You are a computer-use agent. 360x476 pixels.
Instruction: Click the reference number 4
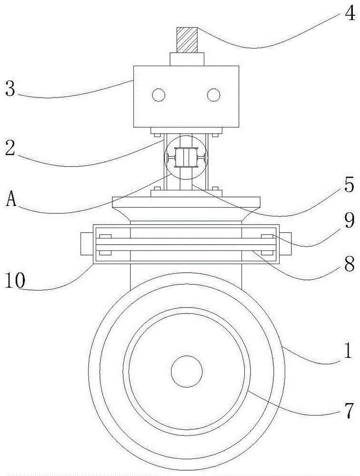(349, 15)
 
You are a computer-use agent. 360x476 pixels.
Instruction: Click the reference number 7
(349, 408)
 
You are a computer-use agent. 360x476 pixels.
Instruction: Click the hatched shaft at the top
(187, 39)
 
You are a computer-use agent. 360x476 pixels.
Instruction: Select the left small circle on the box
(159, 96)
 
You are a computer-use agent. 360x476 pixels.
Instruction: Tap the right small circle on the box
(214, 96)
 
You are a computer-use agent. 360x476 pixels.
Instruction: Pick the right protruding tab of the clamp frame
(287, 244)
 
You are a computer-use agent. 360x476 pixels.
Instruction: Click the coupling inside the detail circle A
(186, 158)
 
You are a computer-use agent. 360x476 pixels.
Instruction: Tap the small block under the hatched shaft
(187, 59)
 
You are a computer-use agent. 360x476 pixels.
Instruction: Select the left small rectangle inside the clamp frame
(105, 244)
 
